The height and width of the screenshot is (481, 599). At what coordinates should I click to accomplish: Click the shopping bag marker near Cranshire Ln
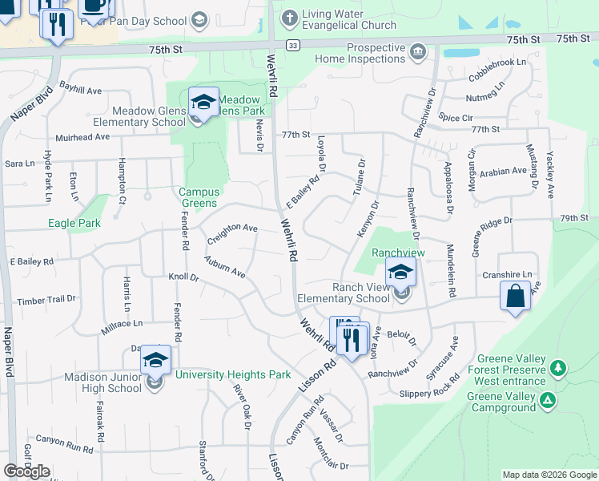click(516, 295)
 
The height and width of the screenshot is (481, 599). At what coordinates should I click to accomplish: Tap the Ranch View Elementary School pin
click(400, 273)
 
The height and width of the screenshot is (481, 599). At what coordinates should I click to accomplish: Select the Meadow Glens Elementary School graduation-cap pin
click(203, 103)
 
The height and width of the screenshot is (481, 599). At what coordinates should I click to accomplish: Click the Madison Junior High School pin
click(156, 362)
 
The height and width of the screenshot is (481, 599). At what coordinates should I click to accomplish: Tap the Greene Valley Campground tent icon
click(548, 400)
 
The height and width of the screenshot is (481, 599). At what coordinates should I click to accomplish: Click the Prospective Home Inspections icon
click(417, 53)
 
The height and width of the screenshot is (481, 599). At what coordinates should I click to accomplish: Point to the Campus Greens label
click(198, 197)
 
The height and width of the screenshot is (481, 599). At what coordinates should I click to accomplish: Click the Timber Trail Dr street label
click(46, 301)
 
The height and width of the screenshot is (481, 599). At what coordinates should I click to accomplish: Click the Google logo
click(27, 471)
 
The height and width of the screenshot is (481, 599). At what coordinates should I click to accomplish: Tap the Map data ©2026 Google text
click(549, 475)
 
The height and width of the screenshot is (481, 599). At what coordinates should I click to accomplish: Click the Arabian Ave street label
click(504, 171)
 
